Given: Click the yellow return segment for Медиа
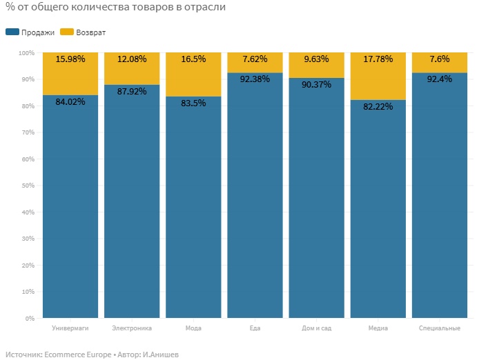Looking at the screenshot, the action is [x=378, y=77].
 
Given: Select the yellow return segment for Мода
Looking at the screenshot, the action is [x=193, y=74].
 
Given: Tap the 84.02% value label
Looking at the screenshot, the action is [x=70, y=101].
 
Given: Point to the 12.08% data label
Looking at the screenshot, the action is [x=132, y=59].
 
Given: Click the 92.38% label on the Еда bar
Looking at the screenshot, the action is [x=255, y=79].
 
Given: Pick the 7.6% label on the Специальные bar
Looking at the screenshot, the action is [x=440, y=59].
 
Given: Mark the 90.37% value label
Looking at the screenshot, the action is [x=316, y=84].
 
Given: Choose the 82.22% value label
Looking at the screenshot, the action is [x=378, y=106].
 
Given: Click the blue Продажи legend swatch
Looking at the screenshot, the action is [x=12, y=32].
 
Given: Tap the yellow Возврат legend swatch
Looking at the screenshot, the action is [x=67, y=32].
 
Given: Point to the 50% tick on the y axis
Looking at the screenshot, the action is [x=28, y=186].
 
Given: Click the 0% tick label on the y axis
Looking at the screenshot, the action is [x=30, y=318].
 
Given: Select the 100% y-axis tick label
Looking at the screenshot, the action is [x=26, y=53].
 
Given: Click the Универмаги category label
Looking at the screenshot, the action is [x=70, y=328].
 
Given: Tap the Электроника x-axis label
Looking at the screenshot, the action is [x=132, y=328].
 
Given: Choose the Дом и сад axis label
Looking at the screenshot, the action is [x=316, y=328].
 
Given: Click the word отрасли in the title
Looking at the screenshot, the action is [x=205, y=7].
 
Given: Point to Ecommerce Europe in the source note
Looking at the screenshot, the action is [x=77, y=354].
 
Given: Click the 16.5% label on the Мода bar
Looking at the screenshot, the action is [x=193, y=59].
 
